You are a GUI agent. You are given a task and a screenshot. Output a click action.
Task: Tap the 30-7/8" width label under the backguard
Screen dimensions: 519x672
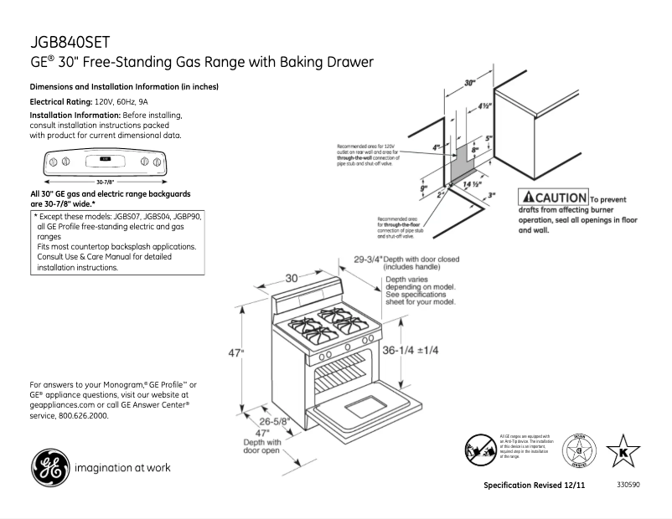(105, 182)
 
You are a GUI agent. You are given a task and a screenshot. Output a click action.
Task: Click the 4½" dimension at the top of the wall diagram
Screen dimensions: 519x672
(485, 106)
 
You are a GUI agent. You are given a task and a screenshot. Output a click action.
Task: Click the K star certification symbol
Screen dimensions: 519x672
(622, 450)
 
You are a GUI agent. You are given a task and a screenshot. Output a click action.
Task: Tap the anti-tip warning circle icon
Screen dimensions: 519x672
(480, 450)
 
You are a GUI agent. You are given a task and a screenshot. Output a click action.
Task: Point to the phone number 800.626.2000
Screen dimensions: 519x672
(82, 416)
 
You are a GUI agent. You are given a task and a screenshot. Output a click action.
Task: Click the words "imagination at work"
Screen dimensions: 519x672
(123, 467)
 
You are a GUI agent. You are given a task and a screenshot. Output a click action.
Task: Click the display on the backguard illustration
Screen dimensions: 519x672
(104, 158)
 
